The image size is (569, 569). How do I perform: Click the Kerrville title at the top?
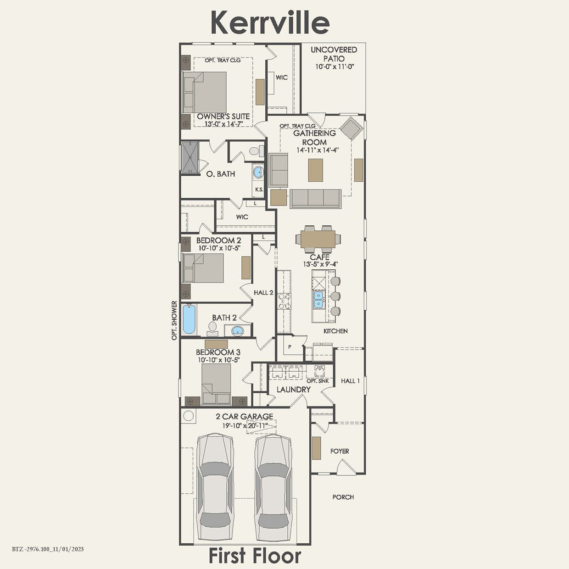[270, 22]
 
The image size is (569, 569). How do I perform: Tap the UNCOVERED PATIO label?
[334, 54]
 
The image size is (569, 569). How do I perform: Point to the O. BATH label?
[220, 174]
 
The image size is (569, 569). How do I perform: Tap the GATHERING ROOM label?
[314, 137]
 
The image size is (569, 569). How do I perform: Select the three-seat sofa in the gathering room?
[315, 198]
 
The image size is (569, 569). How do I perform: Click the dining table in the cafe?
[318, 238]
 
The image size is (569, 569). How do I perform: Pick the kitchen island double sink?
[318, 299]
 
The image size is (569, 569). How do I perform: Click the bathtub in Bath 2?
[189, 319]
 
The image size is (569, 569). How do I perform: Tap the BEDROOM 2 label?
[218, 240]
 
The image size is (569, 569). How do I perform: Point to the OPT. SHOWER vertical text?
[174, 320]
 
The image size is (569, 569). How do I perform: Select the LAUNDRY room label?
[294, 390]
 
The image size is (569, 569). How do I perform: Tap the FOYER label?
[340, 451]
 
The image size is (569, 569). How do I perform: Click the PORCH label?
[343, 497]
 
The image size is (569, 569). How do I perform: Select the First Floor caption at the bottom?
[255, 556]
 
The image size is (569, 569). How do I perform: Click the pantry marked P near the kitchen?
[290, 347]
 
